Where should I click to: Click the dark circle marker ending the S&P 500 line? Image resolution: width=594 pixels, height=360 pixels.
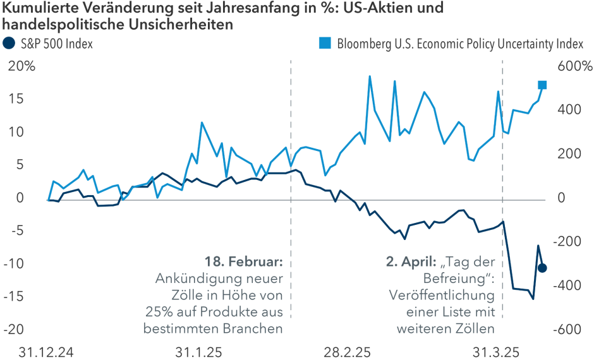click(x=542, y=268)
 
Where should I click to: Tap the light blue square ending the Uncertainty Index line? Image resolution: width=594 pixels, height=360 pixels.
click(x=542, y=85)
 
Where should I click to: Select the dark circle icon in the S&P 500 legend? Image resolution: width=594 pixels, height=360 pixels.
click(x=9, y=44)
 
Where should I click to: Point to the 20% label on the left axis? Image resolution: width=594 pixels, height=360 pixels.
click(x=21, y=66)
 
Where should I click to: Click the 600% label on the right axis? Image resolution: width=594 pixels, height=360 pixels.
click(x=573, y=66)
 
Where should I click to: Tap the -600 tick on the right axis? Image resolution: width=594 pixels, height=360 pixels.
click(x=568, y=330)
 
